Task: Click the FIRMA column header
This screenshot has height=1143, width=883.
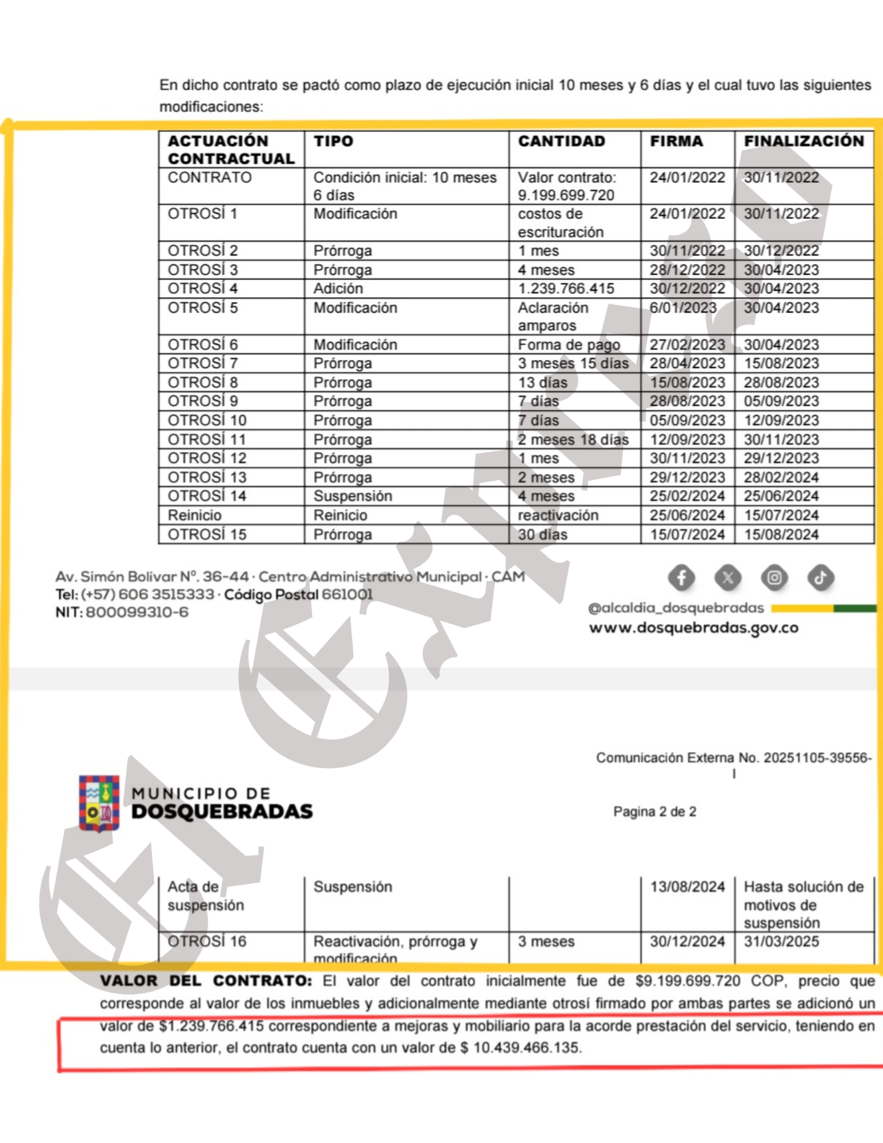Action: click(676, 141)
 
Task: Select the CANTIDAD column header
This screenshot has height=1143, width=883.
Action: click(561, 141)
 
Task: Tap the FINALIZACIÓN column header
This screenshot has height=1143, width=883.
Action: click(804, 141)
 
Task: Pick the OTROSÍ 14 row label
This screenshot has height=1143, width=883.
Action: click(206, 496)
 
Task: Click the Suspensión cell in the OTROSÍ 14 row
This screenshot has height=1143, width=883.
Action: click(353, 496)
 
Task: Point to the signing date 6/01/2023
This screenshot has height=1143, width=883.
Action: click(682, 307)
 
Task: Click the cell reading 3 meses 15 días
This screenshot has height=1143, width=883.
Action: click(573, 363)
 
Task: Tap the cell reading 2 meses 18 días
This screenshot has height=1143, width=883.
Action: click(573, 439)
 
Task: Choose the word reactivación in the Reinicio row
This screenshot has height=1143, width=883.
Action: click(558, 515)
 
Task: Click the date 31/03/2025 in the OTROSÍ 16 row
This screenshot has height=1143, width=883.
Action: click(781, 941)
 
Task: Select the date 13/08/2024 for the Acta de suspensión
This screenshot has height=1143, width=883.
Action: click(687, 887)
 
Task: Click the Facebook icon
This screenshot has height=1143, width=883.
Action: click(681, 578)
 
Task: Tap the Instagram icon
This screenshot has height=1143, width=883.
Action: click(774, 578)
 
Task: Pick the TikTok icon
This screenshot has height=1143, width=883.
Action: click(820, 578)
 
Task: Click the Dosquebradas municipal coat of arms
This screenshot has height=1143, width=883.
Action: click(99, 802)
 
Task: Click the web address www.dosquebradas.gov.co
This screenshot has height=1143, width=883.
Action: click(693, 628)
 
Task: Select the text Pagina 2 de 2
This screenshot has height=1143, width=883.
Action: click(654, 812)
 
